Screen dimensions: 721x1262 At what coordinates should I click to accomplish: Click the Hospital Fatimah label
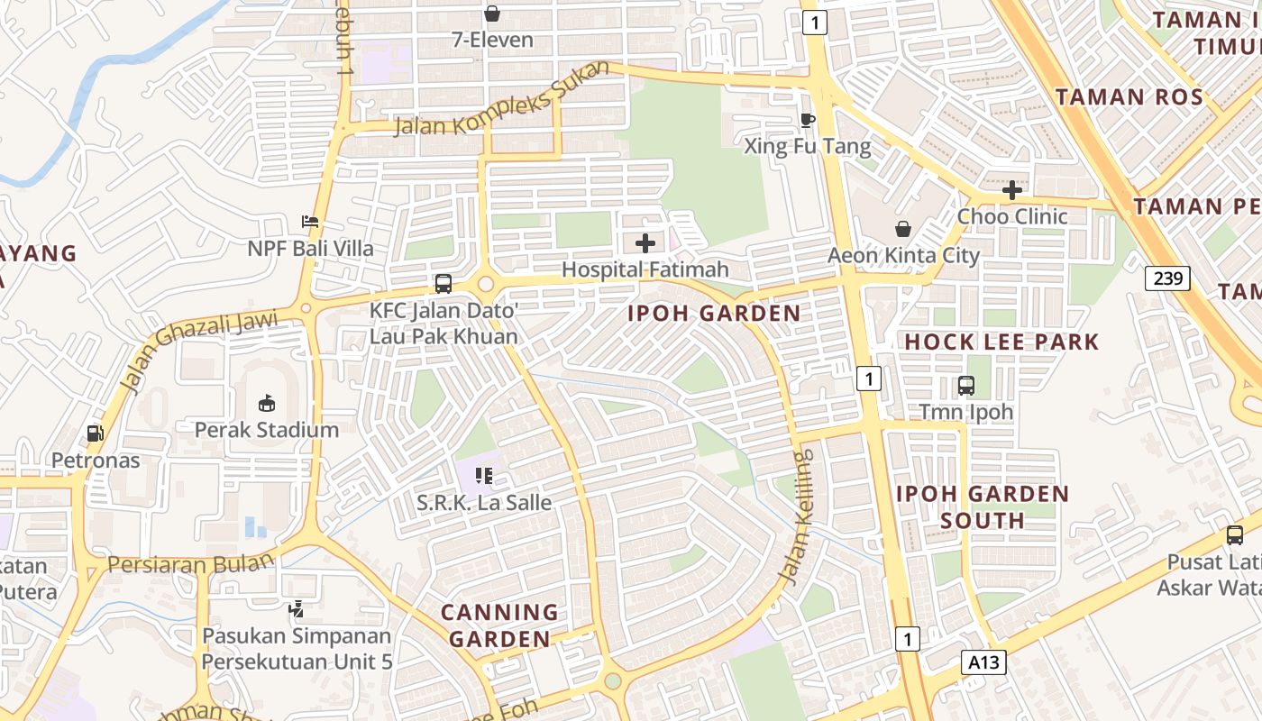coord(645,269)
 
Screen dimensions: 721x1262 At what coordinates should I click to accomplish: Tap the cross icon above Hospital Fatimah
coord(645,242)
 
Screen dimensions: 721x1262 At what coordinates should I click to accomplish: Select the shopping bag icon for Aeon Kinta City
coord(902,229)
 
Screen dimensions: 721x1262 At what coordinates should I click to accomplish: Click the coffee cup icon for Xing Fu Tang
coord(808,120)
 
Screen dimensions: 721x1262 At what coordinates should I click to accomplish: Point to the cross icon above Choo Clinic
coord(1012,190)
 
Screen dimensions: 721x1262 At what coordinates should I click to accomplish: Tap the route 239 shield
coord(1167,278)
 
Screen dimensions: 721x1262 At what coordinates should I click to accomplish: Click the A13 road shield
coord(983,662)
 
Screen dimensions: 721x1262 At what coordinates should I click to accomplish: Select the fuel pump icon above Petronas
coord(96,434)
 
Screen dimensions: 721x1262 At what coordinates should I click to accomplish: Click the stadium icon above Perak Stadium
coord(267,403)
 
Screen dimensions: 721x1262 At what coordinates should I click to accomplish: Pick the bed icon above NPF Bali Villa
coord(310,221)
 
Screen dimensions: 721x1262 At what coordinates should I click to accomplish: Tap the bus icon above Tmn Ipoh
coord(966,386)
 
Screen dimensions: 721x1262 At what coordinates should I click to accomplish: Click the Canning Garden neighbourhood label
coord(499,625)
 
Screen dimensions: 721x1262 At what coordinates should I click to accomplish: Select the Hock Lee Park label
coord(1001,342)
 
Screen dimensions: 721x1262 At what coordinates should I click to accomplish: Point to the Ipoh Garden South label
coord(983,507)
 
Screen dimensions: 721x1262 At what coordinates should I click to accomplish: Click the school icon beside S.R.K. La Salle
coord(484,475)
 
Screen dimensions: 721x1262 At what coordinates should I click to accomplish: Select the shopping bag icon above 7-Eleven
coord(492,14)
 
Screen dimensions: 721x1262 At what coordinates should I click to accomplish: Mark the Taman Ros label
coord(1129,97)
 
